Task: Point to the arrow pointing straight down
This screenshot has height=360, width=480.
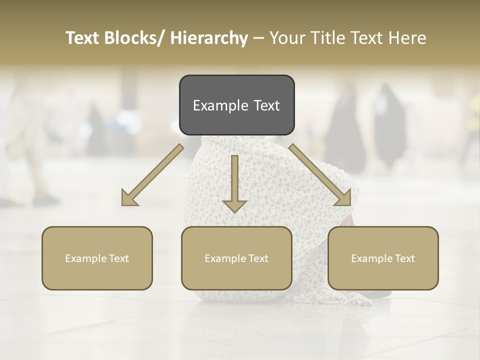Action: click(x=234, y=182)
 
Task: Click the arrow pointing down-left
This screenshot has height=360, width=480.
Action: click(x=152, y=175)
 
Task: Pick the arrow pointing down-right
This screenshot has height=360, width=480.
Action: click(x=320, y=175)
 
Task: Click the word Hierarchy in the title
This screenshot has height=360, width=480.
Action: click(x=209, y=38)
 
